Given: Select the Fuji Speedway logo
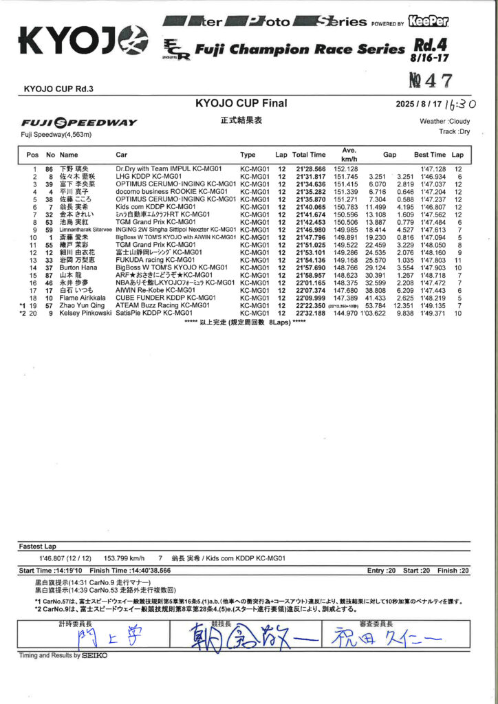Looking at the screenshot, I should click(80, 122).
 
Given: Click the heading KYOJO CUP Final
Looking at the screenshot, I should click(241, 104).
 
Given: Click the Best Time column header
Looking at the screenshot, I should click(430, 155).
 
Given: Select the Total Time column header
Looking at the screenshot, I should click(309, 155).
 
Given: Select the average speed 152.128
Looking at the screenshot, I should click(346, 169).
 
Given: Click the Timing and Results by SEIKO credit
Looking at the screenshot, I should click(63, 656).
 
